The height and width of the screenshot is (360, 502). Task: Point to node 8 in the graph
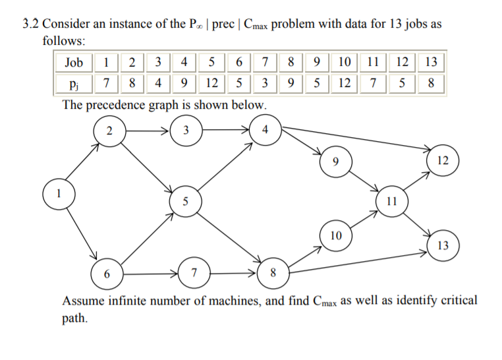click(x=273, y=273)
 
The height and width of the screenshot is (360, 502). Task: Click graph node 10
click(x=336, y=234)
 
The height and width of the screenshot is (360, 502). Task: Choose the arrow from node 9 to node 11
click(x=363, y=177)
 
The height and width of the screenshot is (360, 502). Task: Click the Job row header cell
click(x=74, y=63)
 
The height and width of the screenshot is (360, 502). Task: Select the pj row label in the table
click(x=74, y=84)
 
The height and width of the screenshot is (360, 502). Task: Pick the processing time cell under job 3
click(x=157, y=84)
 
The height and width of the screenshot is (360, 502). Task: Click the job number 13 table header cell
click(x=432, y=63)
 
